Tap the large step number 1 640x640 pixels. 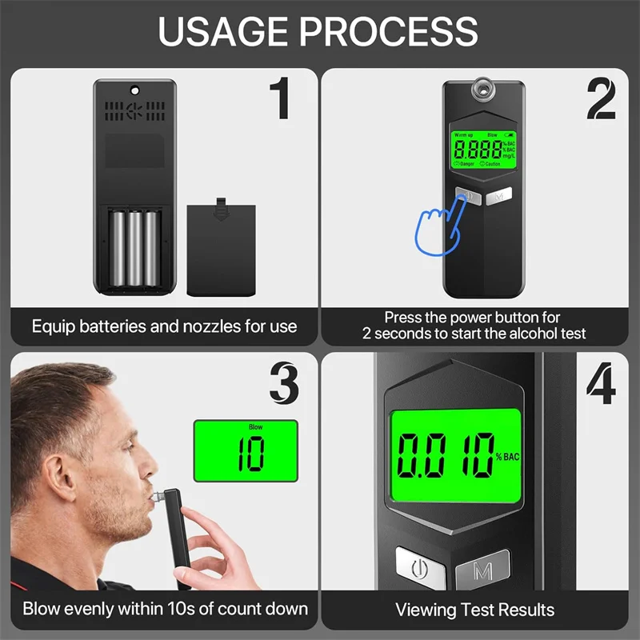[x=278, y=98]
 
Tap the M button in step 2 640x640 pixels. [x=498, y=196]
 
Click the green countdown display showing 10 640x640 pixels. [x=246, y=450]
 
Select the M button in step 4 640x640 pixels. [x=482, y=571]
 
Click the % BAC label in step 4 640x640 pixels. [x=510, y=458]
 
